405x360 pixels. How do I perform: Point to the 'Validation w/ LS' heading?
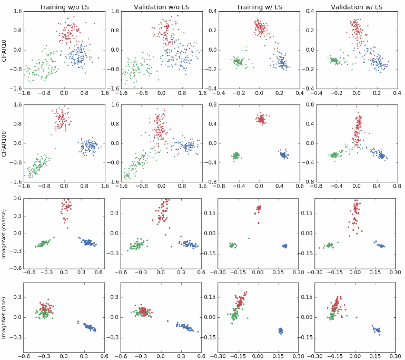356,5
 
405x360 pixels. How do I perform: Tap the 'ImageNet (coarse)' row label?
5,233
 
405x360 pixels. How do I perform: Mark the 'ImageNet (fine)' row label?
5,318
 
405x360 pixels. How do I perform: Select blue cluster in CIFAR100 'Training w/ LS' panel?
284,155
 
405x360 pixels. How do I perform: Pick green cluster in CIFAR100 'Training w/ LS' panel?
235,155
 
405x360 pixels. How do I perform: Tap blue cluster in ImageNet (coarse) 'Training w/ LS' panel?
284,246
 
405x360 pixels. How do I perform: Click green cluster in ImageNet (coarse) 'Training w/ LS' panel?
232,245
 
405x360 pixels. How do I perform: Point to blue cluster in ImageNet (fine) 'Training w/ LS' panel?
281,330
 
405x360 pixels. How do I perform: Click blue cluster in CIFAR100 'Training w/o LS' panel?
87,145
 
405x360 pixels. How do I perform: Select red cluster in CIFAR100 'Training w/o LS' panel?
62,119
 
